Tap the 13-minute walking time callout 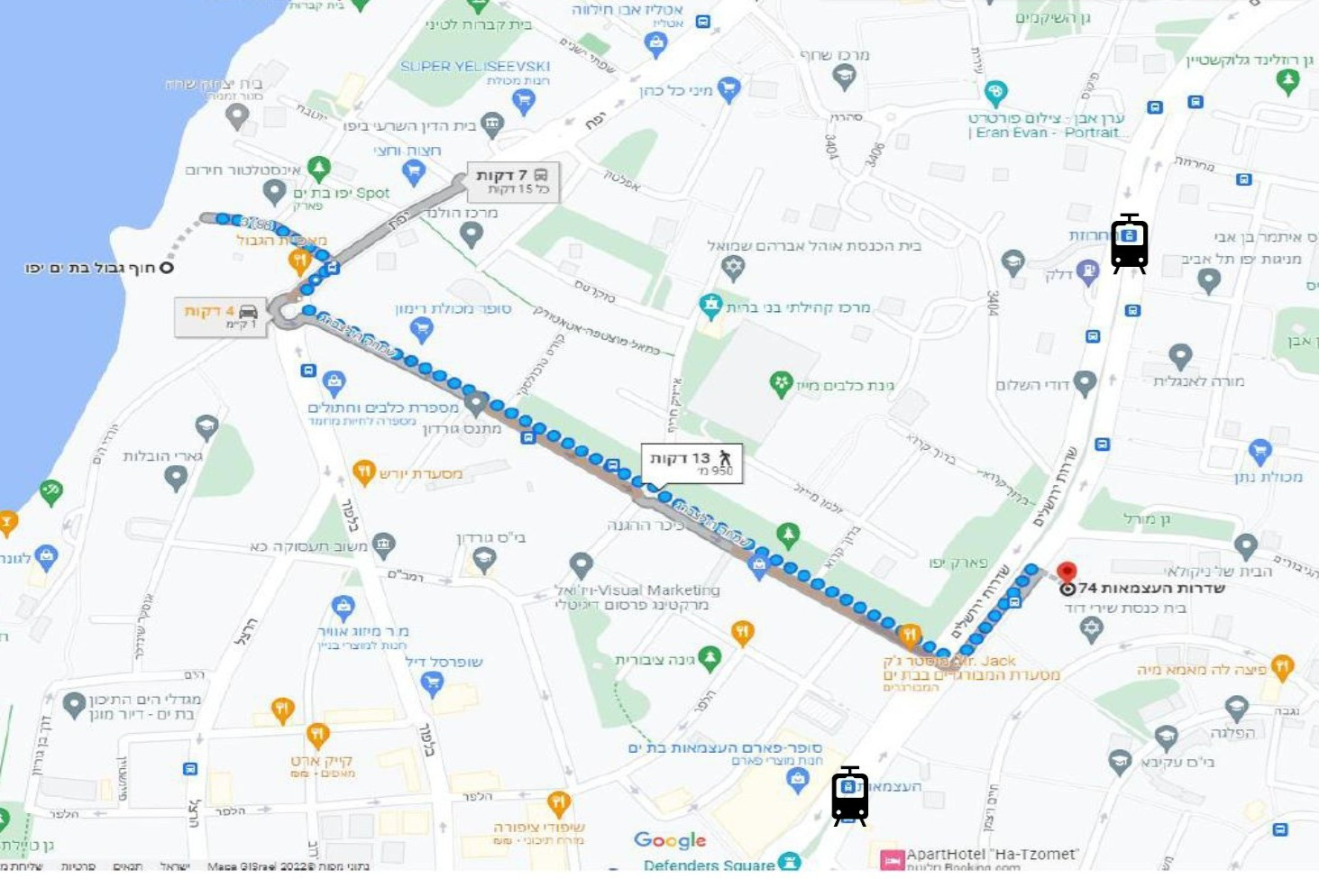click(692, 462)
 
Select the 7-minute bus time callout click(512, 181)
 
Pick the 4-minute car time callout click(221, 316)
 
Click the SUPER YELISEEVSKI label click(475, 66)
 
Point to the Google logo click(670, 840)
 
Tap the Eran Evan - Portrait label click(1046, 133)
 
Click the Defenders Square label click(709, 865)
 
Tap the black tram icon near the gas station click(1129, 243)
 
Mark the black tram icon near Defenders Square click(849, 796)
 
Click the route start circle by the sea click(166, 268)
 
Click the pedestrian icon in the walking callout click(725, 458)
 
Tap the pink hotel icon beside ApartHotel click(892, 860)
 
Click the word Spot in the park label click(372, 193)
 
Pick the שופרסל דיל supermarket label click(444, 662)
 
